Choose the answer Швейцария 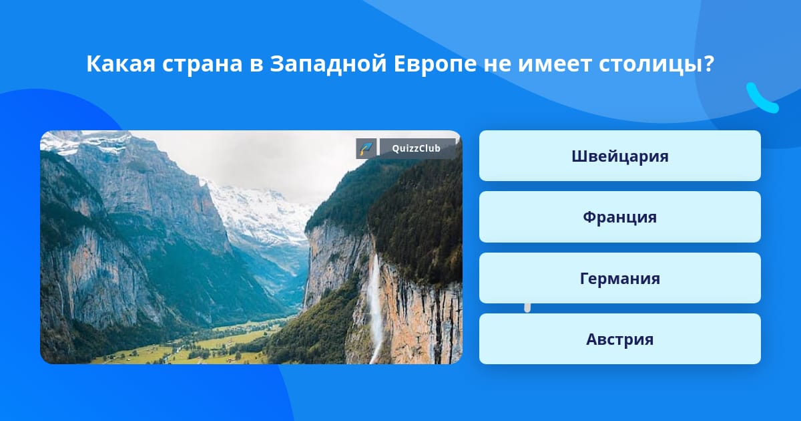click(x=619, y=156)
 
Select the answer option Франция click(x=619, y=217)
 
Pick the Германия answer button click(x=619, y=278)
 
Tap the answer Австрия click(x=619, y=339)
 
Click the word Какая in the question click(x=121, y=64)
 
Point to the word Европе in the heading click(x=435, y=65)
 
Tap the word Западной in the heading click(x=328, y=64)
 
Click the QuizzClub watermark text click(x=416, y=148)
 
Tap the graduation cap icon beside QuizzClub click(x=366, y=148)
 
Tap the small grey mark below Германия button click(x=527, y=308)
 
